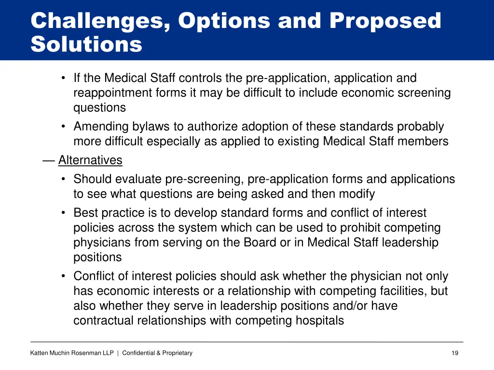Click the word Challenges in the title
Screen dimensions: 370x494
tap(99, 21)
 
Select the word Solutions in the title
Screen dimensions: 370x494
tap(86, 44)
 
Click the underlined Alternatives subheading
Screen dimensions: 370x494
tap(90, 160)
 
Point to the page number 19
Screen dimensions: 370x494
tap(455, 353)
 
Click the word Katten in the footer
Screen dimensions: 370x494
tap(39, 353)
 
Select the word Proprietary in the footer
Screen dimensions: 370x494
tap(177, 353)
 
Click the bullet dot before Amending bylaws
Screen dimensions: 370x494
tap(64, 127)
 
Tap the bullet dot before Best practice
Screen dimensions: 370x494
tap(64, 213)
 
